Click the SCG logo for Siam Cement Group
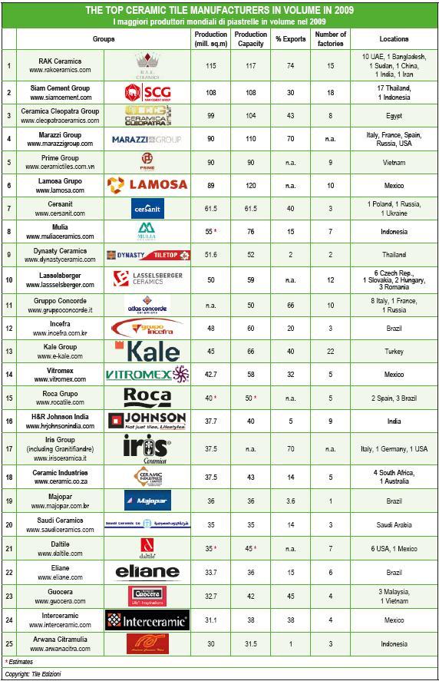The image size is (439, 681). (147, 93)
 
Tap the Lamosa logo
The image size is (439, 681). (147, 184)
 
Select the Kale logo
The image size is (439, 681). (147, 352)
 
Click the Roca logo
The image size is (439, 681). (147, 397)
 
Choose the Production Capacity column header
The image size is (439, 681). (251, 38)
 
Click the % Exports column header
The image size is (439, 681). (290, 38)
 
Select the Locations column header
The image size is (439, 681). (394, 38)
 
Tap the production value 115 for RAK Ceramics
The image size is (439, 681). (211, 66)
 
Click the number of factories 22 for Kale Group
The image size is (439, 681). (331, 352)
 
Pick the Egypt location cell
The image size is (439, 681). (394, 116)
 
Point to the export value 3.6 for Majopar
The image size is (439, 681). (290, 501)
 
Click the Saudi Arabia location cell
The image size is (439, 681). (394, 524)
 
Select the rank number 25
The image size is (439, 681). (8, 643)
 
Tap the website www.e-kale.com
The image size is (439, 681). (61, 358)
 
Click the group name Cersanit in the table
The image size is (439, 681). (61, 205)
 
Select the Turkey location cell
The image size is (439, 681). (394, 352)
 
